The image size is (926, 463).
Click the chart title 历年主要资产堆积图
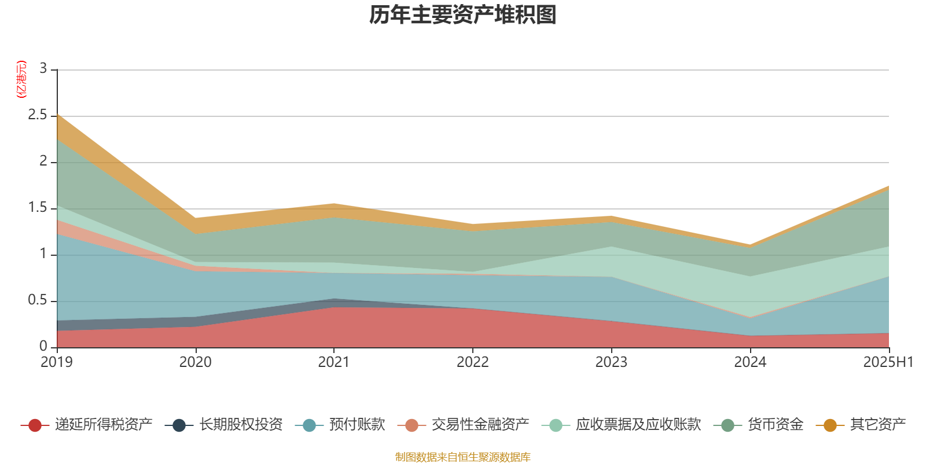point(463,15)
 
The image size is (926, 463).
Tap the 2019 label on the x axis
point(57,362)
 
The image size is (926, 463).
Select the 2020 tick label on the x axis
point(196,362)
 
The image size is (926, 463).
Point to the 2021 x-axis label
point(334,362)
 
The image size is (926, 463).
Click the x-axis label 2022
point(473,362)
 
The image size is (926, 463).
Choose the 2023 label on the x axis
point(612,362)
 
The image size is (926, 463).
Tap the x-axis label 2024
point(750,362)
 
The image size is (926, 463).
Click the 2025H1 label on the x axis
point(888,362)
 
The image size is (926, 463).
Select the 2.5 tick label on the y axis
point(38,115)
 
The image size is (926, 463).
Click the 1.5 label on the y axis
point(38,208)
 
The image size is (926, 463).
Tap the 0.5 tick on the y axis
point(38,300)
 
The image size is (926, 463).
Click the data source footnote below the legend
point(463,457)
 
